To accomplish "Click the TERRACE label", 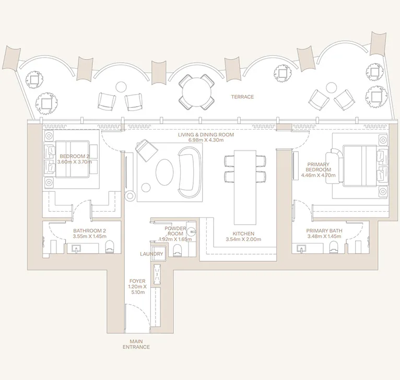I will [x=242, y=97].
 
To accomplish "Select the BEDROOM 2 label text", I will [x=74, y=156].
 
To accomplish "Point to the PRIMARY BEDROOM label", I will [x=319, y=166].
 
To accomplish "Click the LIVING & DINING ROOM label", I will [x=205, y=135].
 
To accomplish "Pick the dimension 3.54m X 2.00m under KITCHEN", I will [x=243, y=240].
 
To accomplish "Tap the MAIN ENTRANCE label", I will [x=136, y=343].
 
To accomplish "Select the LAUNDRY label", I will [x=151, y=254].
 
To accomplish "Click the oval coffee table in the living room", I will [x=163, y=171].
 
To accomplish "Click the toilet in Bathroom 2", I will [x=110, y=247].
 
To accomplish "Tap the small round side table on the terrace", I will [x=121, y=87].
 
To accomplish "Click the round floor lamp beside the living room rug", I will [x=130, y=195].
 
